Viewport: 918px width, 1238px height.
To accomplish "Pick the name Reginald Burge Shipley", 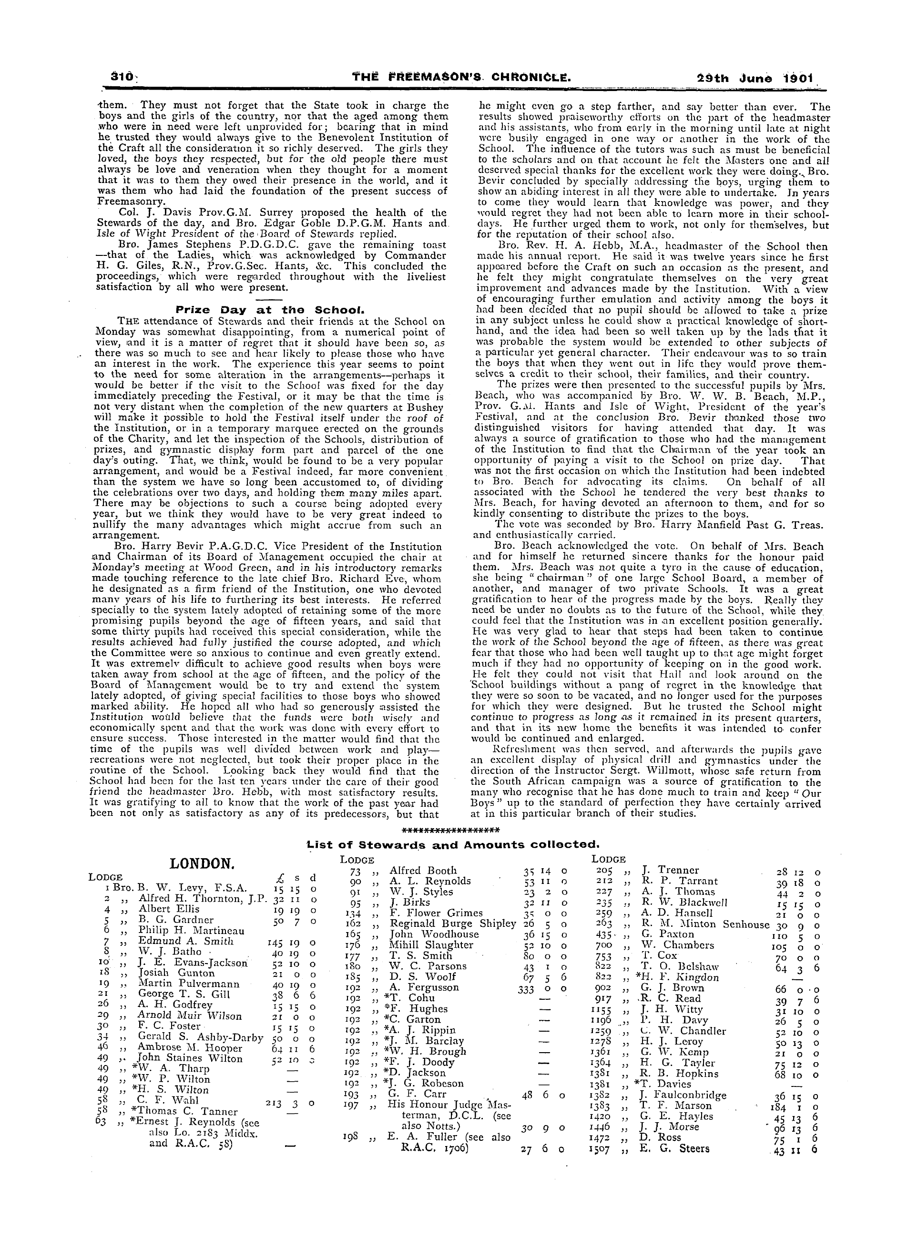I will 452,923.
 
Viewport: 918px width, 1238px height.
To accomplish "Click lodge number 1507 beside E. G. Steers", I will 602,1148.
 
